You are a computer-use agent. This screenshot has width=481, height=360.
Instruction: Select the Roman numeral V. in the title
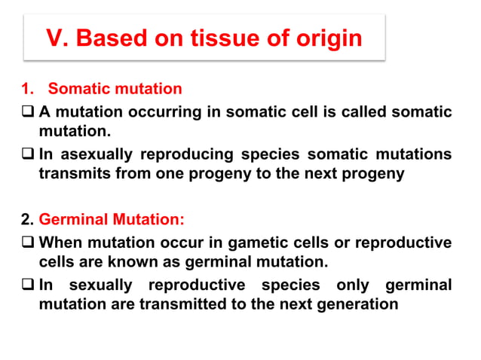[57, 38]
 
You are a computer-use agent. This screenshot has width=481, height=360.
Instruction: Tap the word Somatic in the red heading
[79, 90]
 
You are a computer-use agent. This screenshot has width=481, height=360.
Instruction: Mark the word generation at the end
[349, 304]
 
